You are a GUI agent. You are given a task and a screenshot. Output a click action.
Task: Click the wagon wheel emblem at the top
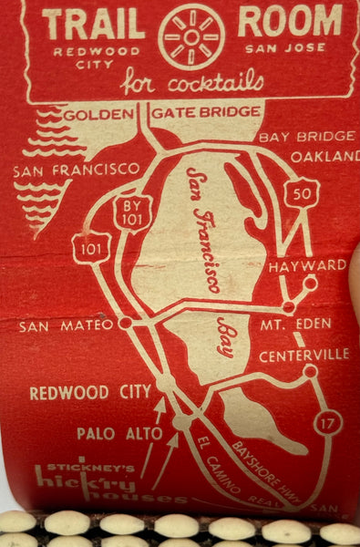(x=190, y=36)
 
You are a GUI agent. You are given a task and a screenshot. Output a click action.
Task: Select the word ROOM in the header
(x=290, y=21)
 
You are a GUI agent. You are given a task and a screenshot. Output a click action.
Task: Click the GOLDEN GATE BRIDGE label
(x=162, y=115)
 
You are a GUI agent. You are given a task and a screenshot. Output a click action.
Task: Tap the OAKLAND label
(x=324, y=156)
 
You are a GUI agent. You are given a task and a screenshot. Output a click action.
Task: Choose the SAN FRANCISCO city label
(x=77, y=170)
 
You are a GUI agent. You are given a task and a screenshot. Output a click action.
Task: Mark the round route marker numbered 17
(x=328, y=423)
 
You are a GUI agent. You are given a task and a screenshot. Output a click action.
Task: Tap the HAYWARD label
(x=307, y=266)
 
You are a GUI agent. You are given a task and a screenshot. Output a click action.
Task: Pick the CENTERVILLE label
(x=304, y=355)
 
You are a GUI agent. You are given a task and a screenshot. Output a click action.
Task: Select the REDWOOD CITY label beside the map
(x=90, y=393)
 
